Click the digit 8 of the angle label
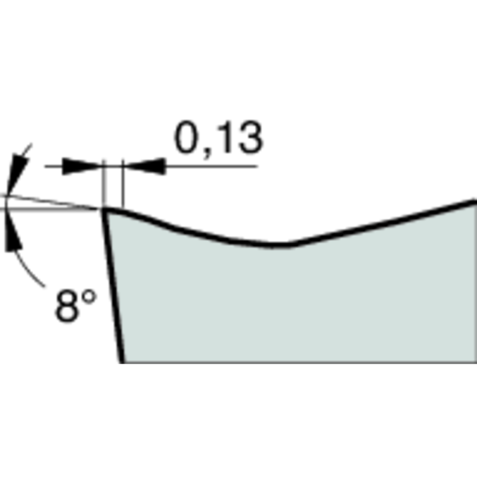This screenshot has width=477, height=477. click(67, 306)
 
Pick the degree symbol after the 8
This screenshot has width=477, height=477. click(88, 296)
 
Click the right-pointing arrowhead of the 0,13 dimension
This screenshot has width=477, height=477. click(83, 166)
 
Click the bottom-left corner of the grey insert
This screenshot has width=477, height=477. click(123, 361)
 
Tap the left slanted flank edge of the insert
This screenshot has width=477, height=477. click(113, 286)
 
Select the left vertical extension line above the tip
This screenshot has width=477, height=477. click(103, 182)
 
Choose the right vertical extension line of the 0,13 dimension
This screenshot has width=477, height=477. click(121, 182)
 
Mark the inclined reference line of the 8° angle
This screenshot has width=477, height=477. click(54, 202)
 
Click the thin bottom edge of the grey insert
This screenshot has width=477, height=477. click(298, 362)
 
